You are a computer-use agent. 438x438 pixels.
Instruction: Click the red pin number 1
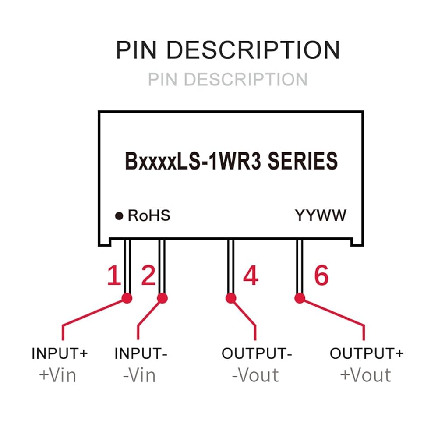point(114,276)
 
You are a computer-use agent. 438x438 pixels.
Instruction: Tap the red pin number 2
point(148,276)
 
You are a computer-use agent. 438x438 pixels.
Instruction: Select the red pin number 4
point(251,276)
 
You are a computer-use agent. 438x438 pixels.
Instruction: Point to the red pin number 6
point(321,276)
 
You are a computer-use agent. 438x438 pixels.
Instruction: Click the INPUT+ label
point(60,353)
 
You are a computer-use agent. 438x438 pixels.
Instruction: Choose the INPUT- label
point(141,353)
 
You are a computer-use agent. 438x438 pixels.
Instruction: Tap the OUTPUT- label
point(257,353)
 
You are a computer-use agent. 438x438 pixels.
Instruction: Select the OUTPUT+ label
point(367,353)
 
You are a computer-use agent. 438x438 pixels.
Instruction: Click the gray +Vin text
point(57,375)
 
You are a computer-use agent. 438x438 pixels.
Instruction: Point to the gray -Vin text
point(139,375)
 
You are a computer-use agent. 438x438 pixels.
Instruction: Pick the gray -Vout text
point(255,375)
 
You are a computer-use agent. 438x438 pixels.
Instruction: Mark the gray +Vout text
point(365,375)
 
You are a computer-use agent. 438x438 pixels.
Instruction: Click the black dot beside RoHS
point(119,216)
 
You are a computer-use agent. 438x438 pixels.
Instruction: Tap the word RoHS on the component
point(149,215)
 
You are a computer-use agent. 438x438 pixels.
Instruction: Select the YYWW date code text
point(321,215)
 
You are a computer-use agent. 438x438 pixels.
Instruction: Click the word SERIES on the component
point(303,161)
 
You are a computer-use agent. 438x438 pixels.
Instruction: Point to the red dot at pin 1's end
point(127,298)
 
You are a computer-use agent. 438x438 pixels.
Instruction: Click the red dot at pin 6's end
point(300,298)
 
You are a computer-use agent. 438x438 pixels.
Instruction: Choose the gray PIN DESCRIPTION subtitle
point(228,79)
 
